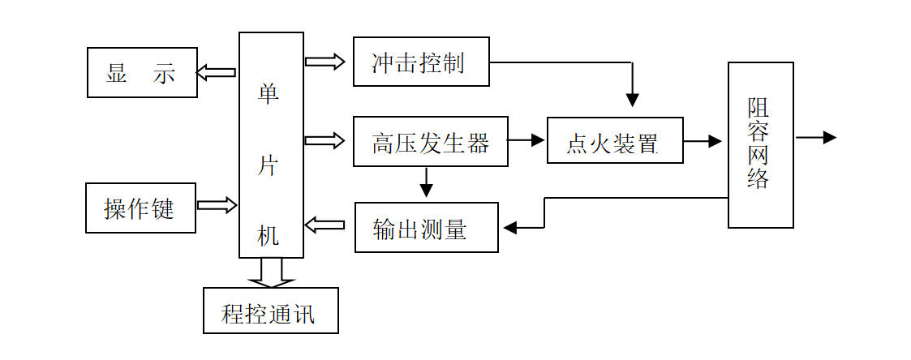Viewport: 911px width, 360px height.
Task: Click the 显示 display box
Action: (x=142, y=73)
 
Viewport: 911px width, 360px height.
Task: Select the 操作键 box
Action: (x=140, y=208)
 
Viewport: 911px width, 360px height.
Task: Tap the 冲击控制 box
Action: (x=421, y=62)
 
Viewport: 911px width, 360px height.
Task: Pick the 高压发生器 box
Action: (x=431, y=141)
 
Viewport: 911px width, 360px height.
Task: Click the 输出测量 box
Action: (x=426, y=228)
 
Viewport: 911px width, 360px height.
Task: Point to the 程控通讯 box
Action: (x=270, y=311)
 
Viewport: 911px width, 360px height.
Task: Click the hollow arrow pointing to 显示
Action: (x=216, y=73)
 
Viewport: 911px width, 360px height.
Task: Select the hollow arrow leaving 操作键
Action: (x=217, y=205)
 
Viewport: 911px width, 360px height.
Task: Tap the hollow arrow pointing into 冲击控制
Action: (x=325, y=62)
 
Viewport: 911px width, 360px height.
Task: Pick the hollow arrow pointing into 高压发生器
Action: (x=325, y=141)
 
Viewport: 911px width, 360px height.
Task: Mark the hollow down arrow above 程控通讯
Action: (x=271, y=273)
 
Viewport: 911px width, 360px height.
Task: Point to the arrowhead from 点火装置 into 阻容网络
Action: (x=715, y=141)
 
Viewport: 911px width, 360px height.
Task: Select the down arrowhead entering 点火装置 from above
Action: (x=633, y=100)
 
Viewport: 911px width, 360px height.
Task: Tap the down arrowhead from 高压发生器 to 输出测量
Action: (x=426, y=191)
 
